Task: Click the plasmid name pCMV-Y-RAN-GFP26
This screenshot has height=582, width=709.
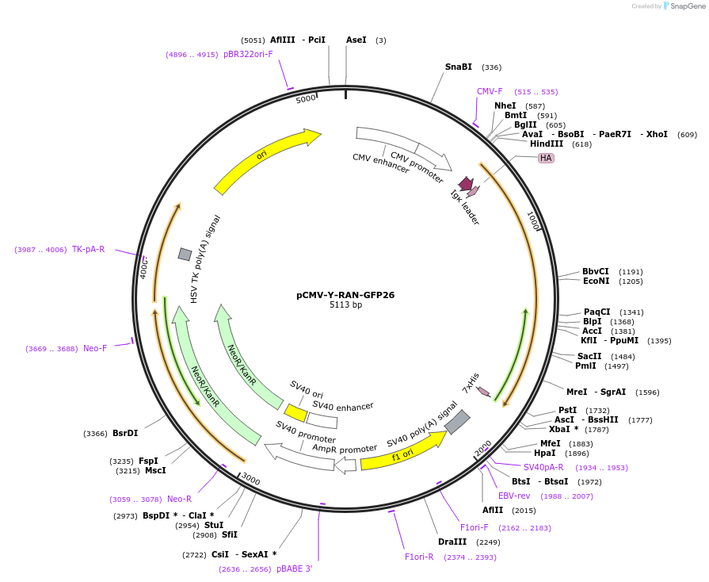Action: (x=345, y=295)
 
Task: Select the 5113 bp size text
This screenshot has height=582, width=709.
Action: (x=345, y=305)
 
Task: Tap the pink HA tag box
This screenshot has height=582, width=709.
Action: (x=546, y=158)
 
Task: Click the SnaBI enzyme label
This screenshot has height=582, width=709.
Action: (x=458, y=67)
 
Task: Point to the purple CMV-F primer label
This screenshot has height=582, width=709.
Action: (x=490, y=91)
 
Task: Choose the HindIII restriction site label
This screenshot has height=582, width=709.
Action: (x=547, y=144)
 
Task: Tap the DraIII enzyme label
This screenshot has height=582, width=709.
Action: (x=452, y=542)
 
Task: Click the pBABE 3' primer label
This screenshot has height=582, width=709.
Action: (x=295, y=569)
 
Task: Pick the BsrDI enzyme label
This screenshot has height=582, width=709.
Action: (x=125, y=433)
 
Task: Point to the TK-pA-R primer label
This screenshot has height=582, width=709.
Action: (x=88, y=249)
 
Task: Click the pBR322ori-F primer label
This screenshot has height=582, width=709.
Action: (x=248, y=54)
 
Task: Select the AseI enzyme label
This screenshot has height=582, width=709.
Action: (x=356, y=40)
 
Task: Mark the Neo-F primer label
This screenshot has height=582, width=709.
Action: (x=94, y=348)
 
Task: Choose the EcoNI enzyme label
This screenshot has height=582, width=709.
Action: (x=596, y=281)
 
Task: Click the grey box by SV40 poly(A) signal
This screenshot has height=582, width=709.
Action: (x=457, y=422)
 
